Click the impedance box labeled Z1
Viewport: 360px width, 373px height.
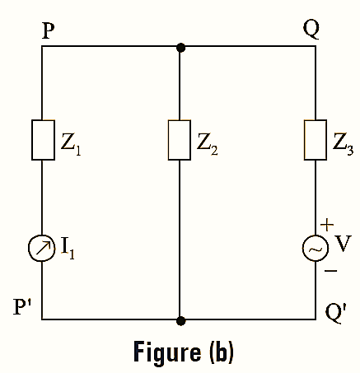[x=43, y=141]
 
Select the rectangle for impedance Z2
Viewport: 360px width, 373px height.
[x=180, y=141]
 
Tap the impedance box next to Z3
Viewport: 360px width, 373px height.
[x=316, y=141]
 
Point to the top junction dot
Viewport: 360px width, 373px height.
[x=180, y=48]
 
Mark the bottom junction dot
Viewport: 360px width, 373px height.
[x=180, y=319]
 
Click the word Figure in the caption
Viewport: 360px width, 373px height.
[x=161, y=352]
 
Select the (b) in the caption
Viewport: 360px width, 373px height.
[x=217, y=352]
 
